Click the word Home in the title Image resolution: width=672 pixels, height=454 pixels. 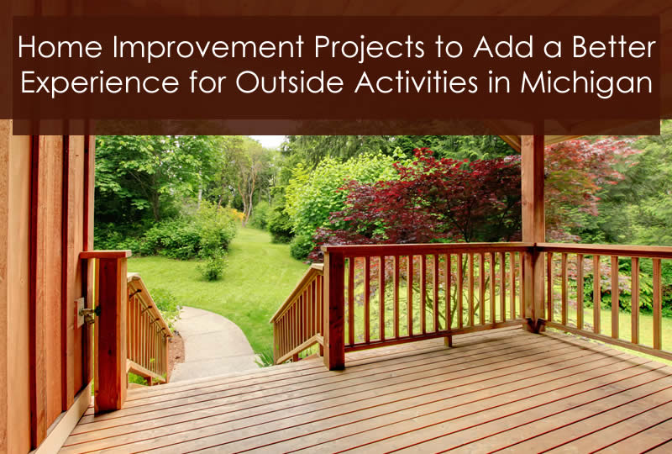click(60, 47)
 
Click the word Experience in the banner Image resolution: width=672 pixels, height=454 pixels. click(100, 82)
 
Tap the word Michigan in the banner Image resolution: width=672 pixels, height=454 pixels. click(586, 84)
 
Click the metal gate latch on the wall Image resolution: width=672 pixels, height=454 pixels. click(88, 314)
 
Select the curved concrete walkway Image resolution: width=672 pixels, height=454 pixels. click(213, 343)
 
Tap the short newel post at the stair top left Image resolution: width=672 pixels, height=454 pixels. click(110, 331)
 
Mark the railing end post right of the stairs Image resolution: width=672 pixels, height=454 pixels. click(333, 308)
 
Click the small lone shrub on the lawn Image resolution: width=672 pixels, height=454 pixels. click(213, 266)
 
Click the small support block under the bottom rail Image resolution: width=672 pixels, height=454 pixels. click(448, 341)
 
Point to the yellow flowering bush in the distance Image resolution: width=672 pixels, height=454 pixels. click(235, 214)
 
